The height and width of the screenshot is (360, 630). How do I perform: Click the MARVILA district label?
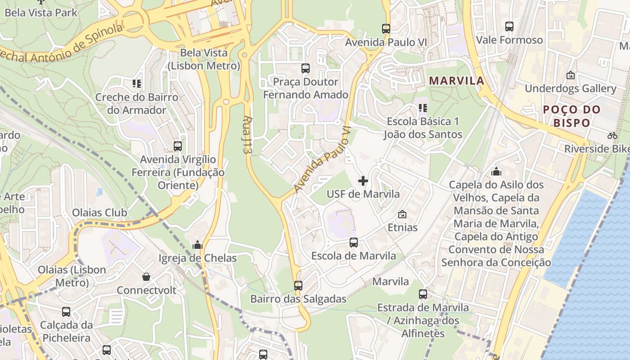tap(456, 81)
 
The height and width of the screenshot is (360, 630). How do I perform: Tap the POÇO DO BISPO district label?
tap(571, 116)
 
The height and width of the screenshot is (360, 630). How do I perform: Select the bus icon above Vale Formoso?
tap(509, 27)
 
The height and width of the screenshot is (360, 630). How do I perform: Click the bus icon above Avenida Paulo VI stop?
tap(386, 29)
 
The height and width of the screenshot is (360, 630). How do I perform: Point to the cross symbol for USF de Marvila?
tap(363, 181)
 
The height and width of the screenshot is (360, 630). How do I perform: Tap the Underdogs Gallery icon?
tap(571, 75)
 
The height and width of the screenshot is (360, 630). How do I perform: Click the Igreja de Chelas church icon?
tap(197, 245)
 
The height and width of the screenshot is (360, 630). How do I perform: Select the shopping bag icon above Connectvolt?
tap(146, 276)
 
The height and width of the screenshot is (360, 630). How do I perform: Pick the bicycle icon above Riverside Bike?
tap(612, 135)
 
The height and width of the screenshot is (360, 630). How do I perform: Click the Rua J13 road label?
tap(247, 135)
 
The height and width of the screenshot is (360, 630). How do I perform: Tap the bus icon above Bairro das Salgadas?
tap(298, 285)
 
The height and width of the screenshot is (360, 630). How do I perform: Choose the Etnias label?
tap(402, 227)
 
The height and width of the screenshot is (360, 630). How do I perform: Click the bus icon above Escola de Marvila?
tap(354, 243)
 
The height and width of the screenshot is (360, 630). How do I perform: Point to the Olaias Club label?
tap(99, 212)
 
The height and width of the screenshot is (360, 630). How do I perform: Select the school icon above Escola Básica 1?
tap(423, 108)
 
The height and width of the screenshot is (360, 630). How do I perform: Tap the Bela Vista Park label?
tap(41, 12)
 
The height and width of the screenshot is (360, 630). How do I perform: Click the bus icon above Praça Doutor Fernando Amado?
tap(306, 68)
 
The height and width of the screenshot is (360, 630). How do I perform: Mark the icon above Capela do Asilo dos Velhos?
tap(496, 171)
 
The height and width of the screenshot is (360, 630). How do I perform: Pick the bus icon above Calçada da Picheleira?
tap(66, 311)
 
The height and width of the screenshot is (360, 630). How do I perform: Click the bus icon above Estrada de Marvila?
tap(423, 294)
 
